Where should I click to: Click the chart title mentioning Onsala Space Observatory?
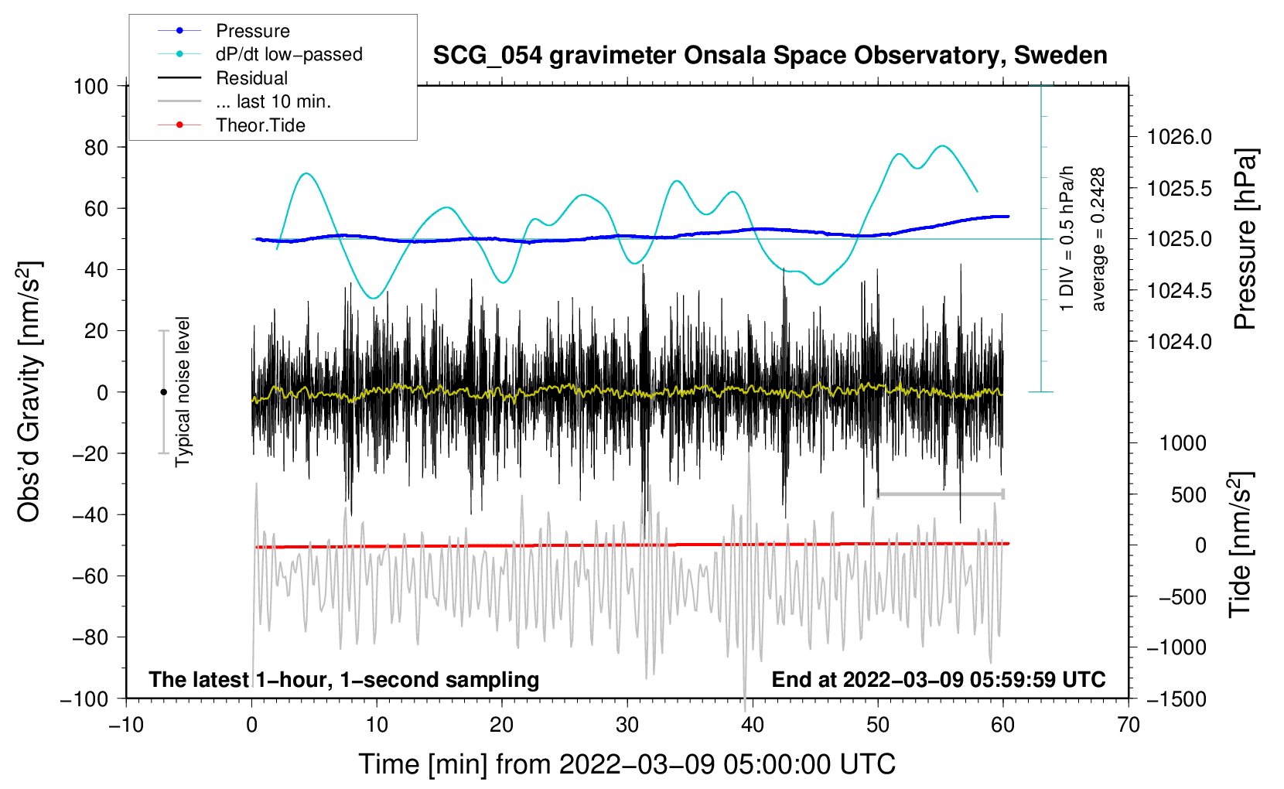point(770,56)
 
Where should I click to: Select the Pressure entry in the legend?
point(252,31)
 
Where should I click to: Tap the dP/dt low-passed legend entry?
point(289,54)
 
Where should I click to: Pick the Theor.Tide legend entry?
point(260,125)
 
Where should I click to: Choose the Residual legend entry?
point(251,78)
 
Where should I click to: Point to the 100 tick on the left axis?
point(90,86)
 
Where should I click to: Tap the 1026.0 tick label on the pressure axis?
point(1179,137)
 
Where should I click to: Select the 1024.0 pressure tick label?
point(1179,341)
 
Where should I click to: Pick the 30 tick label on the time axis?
point(627,725)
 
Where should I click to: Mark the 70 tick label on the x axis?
point(1129,725)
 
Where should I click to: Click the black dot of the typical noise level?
point(163,392)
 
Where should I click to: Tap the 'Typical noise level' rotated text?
point(183,391)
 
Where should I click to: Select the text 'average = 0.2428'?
point(1098,239)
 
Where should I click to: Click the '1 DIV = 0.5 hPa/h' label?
point(1067,238)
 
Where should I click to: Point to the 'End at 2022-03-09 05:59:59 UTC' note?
point(938,679)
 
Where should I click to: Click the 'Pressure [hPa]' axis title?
point(1245,239)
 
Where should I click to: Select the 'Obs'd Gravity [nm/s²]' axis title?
point(29,391)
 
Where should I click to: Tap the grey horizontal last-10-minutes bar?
point(941,494)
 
